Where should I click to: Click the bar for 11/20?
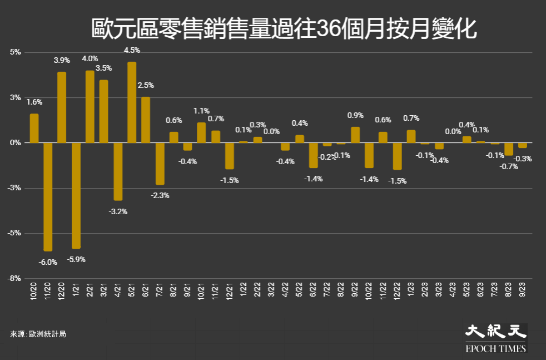[48, 196]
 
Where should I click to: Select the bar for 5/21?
[132, 102]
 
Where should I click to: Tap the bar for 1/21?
[76, 195]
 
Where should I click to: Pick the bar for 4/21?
[118, 171]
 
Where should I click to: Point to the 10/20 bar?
[34, 129]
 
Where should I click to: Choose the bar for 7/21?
[160, 164]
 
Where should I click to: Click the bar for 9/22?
[355, 135]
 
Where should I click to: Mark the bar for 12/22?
[397, 156]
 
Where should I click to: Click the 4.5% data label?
[132, 50]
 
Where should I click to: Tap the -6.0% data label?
[48, 262]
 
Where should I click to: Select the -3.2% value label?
[118, 211]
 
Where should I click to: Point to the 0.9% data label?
[355, 115]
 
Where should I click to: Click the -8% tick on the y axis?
[15, 278]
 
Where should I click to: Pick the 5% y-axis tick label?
[16, 52]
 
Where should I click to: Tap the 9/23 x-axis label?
[523, 290]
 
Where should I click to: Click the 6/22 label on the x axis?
[314, 290]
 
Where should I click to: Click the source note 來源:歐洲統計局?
[34, 334]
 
